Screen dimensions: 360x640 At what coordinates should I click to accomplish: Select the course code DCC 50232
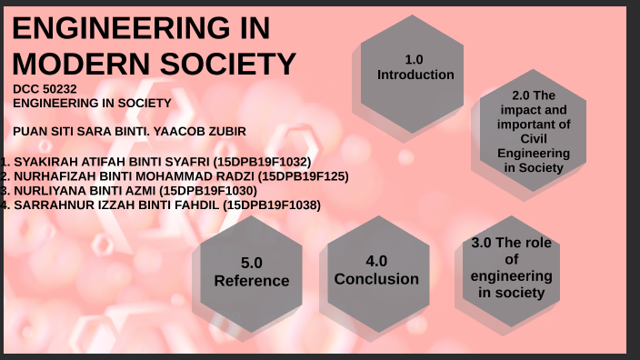pos(45,89)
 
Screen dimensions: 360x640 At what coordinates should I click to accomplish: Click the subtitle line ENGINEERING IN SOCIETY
pos(92,103)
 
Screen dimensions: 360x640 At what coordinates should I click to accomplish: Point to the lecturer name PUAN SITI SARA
pos(64,131)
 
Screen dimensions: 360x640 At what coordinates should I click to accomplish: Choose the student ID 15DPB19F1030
pos(208,191)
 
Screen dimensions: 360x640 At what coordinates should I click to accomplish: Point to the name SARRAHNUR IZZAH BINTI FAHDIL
pos(117,205)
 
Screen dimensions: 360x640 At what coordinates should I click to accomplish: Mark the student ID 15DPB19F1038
pos(273,205)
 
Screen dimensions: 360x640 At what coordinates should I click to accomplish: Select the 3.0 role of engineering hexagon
pos(512,268)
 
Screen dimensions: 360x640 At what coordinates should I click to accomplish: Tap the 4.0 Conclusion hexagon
pos(376,270)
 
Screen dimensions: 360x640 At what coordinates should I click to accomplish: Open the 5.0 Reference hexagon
pos(252,272)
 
